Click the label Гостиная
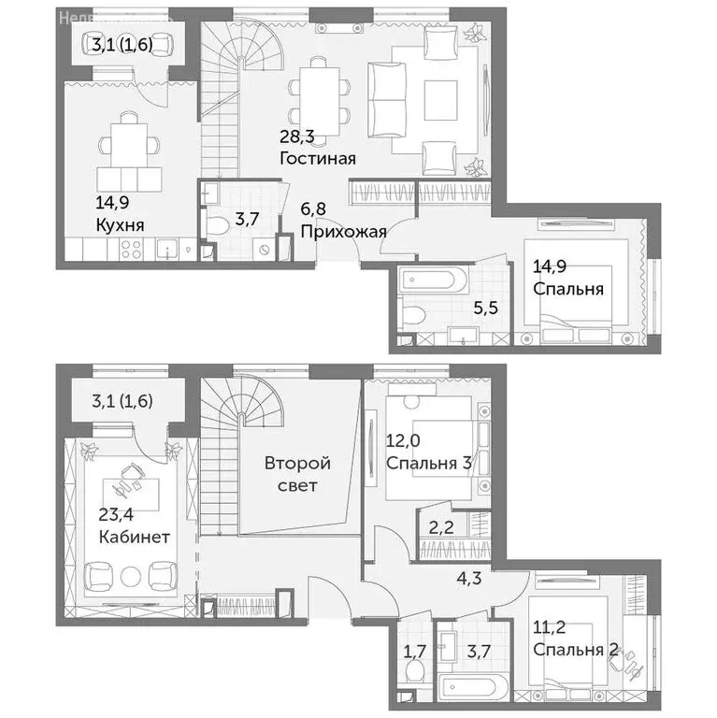point(317,158)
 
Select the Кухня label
point(120,224)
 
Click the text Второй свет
point(296,474)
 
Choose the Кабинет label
point(133,538)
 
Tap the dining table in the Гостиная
point(317,93)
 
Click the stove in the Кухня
point(131,249)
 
